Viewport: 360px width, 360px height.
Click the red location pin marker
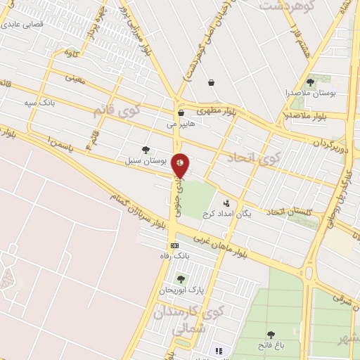tap(181, 165)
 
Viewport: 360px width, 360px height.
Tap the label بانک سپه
tap(39, 103)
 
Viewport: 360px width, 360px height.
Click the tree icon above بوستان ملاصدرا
tap(310, 82)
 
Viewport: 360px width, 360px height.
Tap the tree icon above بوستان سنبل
tap(146, 149)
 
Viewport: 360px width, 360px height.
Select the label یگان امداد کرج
tap(227, 213)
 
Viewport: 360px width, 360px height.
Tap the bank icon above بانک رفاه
tap(174, 245)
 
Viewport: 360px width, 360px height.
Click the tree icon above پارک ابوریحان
tap(181, 279)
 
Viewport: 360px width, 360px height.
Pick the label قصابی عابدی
tap(24, 23)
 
